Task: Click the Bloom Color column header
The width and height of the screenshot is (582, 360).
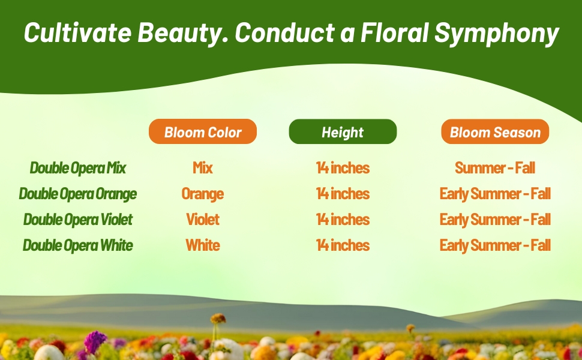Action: click(x=203, y=131)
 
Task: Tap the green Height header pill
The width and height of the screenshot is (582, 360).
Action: click(x=343, y=131)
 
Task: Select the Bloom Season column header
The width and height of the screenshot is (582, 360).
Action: click(x=495, y=131)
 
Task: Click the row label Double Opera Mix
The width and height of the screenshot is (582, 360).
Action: click(x=78, y=168)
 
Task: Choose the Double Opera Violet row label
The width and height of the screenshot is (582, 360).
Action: click(x=78, y=220)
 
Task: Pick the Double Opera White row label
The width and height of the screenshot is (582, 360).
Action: click(x=78, y=245)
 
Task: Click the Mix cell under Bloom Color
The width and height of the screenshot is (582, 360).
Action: click(x=203, y=168)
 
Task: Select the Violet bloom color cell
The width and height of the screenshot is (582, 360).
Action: click(x=203, y=220)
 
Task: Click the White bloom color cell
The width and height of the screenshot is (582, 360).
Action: click(x=203, y=245)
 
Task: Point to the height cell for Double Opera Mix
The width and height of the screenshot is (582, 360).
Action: click(x=343, y=168)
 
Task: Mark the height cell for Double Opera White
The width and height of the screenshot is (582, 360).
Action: click(x=343, y=245)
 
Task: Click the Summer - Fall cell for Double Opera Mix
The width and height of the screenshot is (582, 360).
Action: click(x=495, y=168)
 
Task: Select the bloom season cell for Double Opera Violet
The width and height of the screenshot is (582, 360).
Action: click(x=495, y=220)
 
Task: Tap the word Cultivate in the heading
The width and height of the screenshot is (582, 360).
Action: click(x=77, y=32)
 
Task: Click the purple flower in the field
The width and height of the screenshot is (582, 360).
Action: click(x=95, y=341)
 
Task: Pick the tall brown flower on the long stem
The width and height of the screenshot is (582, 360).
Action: click(x=218, y=319)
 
